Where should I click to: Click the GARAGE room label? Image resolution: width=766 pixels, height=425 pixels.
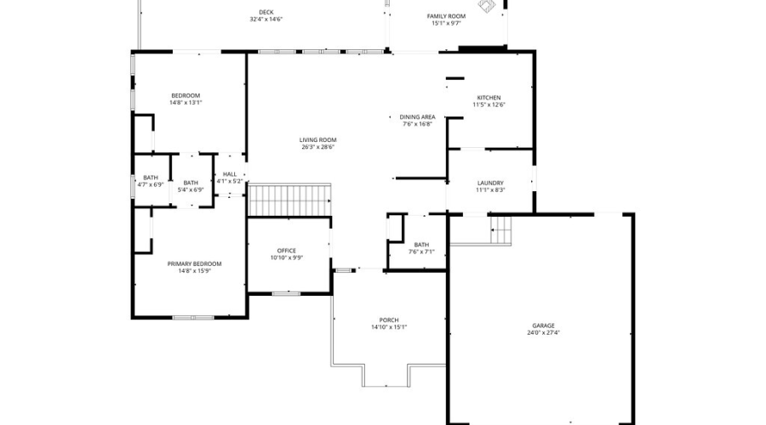click(543, 326)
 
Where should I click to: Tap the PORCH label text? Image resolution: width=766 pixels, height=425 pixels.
click(389, 320)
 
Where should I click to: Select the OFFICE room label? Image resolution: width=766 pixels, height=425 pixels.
click(286, 251)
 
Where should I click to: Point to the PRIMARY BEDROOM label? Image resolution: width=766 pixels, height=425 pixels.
click(200, 264)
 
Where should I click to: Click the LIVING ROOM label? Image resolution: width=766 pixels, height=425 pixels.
click(317, 139)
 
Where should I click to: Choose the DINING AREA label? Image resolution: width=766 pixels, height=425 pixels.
click(418, 116)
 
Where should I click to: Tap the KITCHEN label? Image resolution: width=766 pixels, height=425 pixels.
click(489, 98)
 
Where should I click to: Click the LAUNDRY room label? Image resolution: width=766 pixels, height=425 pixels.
click(490, 183)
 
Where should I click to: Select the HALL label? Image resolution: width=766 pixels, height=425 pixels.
click(230, 173)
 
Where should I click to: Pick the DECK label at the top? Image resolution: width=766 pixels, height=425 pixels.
click(266, 12)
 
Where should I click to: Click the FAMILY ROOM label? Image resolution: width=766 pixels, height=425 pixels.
click(446, 16)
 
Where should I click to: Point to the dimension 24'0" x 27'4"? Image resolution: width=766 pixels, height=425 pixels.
click(543, 332)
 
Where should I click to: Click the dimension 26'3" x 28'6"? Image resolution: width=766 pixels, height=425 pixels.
click(317, 146)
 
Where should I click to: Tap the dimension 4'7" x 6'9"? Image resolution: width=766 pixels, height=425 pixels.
click(151, 184)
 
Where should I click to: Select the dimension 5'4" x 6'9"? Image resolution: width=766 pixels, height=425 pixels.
click(191, 190)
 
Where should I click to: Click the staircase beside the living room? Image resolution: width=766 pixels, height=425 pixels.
click(289, 201)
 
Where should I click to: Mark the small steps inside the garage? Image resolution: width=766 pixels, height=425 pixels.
click(502, 229)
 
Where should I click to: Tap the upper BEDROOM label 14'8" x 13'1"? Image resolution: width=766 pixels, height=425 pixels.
click(186, 95)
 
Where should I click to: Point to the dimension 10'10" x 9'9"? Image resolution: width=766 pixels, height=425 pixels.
click(286, 258)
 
